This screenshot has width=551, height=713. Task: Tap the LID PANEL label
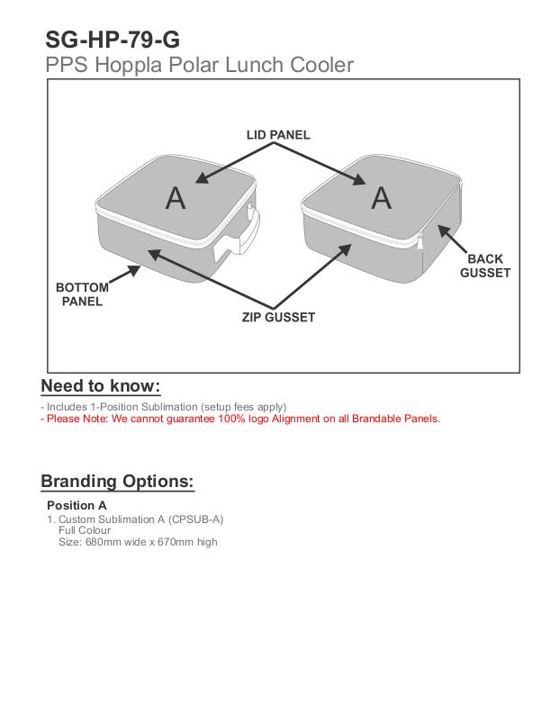click(278, 135)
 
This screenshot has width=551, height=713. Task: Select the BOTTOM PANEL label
click(82, 294)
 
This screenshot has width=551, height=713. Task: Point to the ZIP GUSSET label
click(278, 317)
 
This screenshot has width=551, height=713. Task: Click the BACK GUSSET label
click(485, 266)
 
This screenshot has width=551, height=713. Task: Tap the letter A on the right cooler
click(382, 197)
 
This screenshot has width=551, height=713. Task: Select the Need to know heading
click(101, 386)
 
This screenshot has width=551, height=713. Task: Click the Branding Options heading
click(117, 481)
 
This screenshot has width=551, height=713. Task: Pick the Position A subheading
click(77, 505)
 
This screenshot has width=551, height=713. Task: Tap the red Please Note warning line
click(240, 419)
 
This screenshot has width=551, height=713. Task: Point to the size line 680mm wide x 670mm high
click(137, 542)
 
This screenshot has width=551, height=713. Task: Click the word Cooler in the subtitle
click(320, 65)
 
